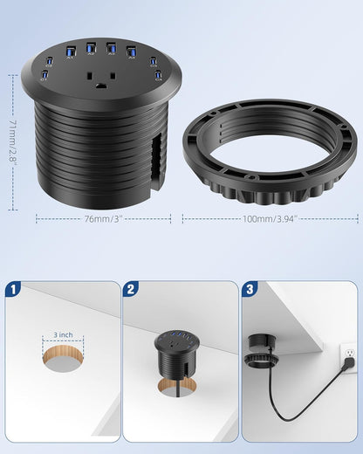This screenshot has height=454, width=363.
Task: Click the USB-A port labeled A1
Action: coord(70,51)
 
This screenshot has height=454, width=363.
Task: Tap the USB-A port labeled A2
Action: coord(91,48)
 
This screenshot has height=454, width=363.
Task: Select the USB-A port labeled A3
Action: coord(111,48)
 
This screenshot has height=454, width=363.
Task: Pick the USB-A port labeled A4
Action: coord(131,51)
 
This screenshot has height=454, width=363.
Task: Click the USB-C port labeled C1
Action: coord(45,74)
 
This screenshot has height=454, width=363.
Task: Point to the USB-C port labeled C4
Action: coord(158,74)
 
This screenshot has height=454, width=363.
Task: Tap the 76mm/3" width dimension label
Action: coord(102,218)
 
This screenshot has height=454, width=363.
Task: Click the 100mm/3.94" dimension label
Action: coord(270,218)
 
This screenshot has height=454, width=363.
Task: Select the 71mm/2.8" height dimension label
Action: coord(12,142)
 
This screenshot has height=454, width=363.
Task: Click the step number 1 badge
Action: coord(13,290)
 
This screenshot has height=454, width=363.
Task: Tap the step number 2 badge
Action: coord(131,290)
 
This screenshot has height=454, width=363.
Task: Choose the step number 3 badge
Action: coord(250,290)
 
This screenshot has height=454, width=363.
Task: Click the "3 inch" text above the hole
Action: coord(63,335)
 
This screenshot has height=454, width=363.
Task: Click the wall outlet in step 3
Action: coord(348,357)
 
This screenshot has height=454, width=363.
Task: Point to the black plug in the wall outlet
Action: coord(348,363)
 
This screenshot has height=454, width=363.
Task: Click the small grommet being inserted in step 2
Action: coord(177,355)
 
